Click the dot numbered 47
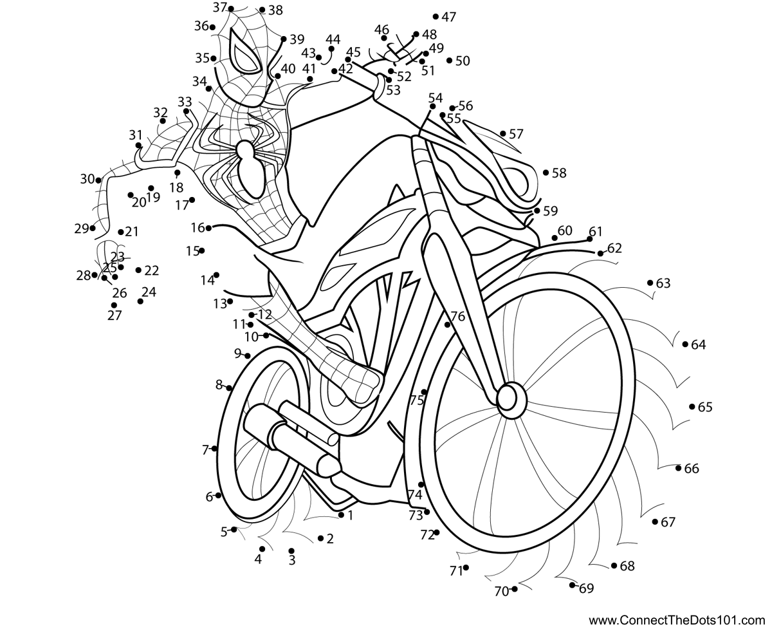point(436,16)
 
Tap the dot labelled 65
point(692,407)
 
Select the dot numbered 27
point(114,305)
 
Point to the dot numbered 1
point(341,515)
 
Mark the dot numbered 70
point(514,588)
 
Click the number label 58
point(559,173)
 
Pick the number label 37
point(219,7)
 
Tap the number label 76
point(457,316)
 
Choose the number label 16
point(198,227)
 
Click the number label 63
point(663,283)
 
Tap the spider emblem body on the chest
point(250,169)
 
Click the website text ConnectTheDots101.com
point(677,620)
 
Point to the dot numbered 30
point(98,180)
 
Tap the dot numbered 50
point(450,61)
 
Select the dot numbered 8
point(228,388)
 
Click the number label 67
point(668,522)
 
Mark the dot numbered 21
point(121,232)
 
